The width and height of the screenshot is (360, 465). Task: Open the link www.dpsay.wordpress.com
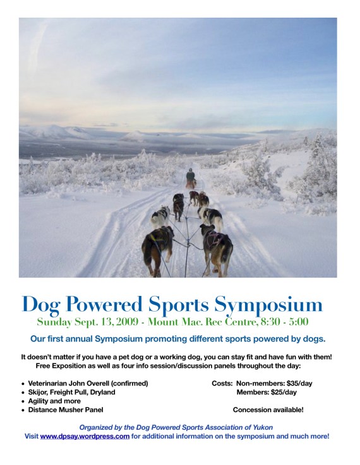click(x=85, y=436)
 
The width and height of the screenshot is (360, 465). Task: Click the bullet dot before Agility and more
click(x=23, y=401)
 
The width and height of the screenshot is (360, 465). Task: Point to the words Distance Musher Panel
click(x=66, y=410)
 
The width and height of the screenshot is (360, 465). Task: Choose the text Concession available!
click(x=268, y=410)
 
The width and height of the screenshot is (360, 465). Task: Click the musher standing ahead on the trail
click(x=190, y=177)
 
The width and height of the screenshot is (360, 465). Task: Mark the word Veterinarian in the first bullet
click(x=52, y=383)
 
